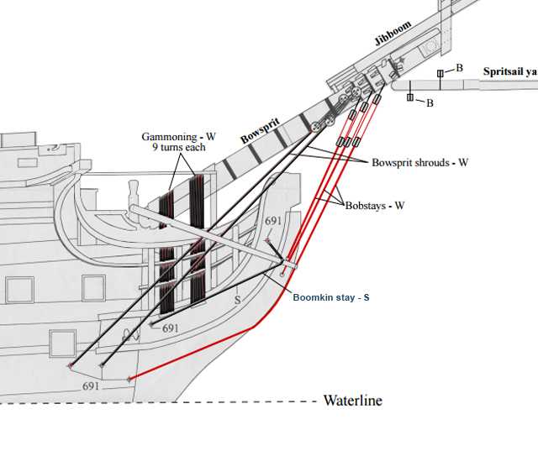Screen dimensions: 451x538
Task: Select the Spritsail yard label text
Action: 509,72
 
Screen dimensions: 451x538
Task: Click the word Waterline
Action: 352,401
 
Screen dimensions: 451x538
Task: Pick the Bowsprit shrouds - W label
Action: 419,162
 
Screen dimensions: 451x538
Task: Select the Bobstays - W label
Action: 375,205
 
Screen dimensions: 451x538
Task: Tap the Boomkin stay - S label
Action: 332,297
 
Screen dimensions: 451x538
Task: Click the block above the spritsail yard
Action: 440,74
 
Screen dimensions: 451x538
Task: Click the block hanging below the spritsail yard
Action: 410,98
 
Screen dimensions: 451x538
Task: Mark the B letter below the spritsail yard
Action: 430,103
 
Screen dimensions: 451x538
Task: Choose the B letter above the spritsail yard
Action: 459,67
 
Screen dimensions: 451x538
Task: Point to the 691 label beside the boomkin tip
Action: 273,221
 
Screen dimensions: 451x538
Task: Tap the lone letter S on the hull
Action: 238,298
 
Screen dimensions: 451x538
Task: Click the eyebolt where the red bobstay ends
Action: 129,380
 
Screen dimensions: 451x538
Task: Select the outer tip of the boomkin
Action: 293,266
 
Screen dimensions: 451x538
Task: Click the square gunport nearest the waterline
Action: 62,343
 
